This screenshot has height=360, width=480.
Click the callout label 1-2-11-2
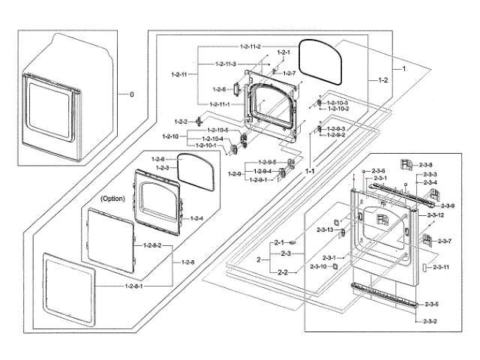[x=250, y=47]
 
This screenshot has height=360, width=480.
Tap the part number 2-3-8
[x=426, y=163]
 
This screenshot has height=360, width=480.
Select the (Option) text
[x=112, y=198]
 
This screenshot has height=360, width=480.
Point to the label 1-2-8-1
[x=137, y=286]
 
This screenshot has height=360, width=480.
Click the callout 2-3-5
[x=431, y=304]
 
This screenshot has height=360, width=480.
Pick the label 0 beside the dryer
[x=132, y=95]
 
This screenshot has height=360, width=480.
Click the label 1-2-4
[x=196, y=218]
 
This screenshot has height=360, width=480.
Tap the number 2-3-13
[x=324, y=229]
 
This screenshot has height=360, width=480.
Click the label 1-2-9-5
[x=268, y=163]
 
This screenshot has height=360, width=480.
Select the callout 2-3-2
[x=431, y=321]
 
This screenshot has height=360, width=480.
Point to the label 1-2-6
[x=157, y=160]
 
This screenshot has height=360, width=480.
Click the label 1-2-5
[x=219, y=89]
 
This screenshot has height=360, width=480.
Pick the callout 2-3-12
[x=436, y=215]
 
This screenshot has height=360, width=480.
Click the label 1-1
[x=310, y=172]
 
